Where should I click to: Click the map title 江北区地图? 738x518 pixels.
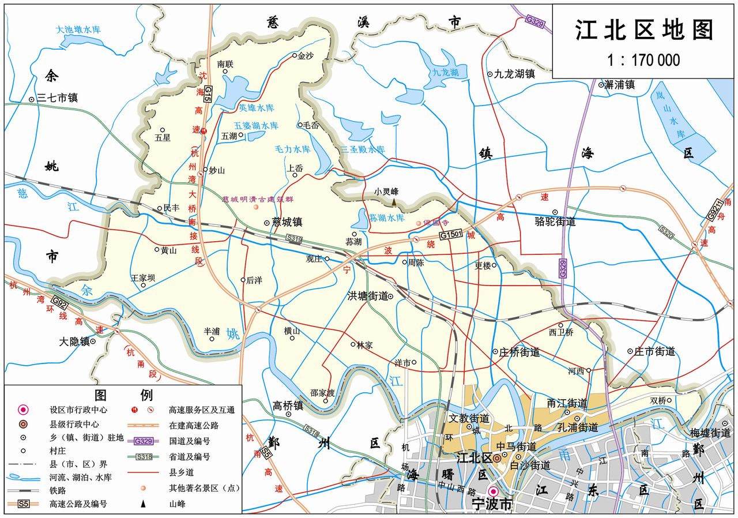[x=644, y=31]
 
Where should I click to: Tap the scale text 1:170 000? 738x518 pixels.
[x=643, y=60]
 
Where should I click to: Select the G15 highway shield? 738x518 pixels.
[x=208, y=93]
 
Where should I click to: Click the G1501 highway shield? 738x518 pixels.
[x=451, y=235]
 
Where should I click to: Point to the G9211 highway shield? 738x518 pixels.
[x=715, y=209]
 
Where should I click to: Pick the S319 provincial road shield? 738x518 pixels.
[x=294, y=238]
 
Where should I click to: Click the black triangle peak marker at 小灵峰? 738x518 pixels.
[x=394, y=202]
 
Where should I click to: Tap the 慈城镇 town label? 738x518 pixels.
[x=287, y=222]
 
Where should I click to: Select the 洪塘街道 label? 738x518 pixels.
[x=367, y=296]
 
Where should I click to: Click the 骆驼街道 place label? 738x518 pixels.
[x=556, y=221]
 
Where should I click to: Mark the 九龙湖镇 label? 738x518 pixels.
[x=514, y=74]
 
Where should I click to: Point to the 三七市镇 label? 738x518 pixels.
[x=57, y=99]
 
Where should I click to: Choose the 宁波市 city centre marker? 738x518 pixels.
[x=493, y=491]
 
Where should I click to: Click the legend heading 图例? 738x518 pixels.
[x=122, y=395]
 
